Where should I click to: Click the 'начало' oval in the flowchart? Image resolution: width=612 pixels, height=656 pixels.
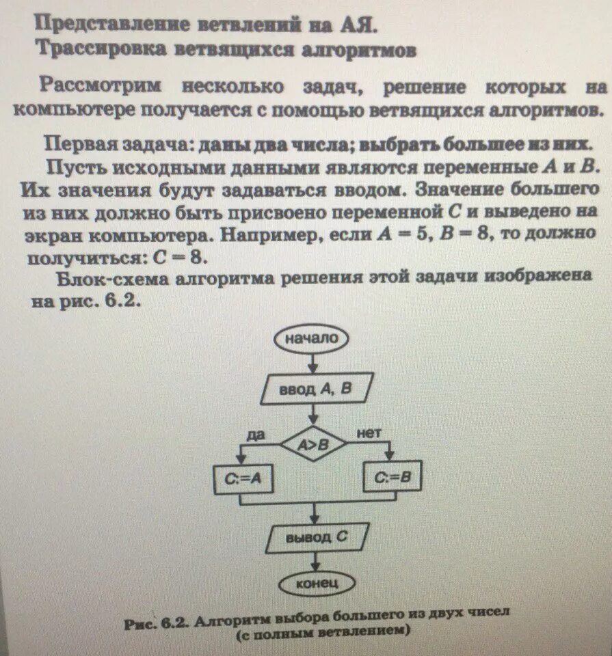[312, 338]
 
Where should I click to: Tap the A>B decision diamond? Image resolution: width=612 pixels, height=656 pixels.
[312, 445]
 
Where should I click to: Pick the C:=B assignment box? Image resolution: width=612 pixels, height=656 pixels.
[393, 478]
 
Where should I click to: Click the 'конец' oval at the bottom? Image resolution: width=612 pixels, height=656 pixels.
[316, 584]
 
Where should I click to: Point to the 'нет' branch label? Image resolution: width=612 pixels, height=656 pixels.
[368, 433]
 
